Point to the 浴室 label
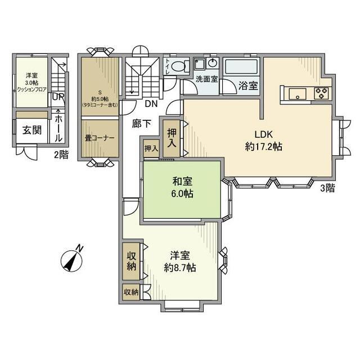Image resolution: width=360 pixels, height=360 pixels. (247, 86)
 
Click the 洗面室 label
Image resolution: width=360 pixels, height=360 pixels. (206, 79)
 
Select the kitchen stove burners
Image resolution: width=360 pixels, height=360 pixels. (321, 93)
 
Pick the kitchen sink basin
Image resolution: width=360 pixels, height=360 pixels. (298, 93)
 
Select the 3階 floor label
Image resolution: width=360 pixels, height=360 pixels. (327, 188)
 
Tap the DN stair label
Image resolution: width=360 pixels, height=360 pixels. (151, 104)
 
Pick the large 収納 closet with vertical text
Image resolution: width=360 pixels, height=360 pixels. (132, 262)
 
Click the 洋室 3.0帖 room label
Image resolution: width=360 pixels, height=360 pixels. (31, 82)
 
